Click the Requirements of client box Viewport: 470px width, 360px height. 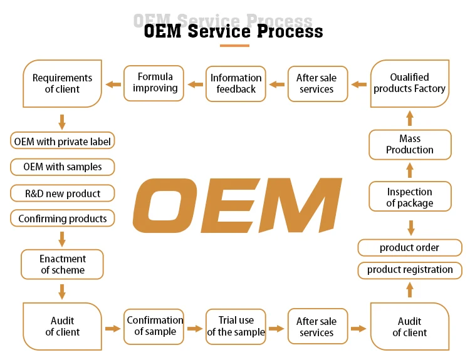tap(62, 83)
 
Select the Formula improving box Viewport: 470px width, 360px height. tap(154, 83)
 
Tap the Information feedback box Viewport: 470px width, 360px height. tap(236, 84)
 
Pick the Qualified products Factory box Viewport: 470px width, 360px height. tap(410, 83)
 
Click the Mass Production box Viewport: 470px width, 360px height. tap(410, 145)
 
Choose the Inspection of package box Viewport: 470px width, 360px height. tap(410, 196)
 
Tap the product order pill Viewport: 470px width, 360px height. tap(410, 248)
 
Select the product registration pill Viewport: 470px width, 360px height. tap(410, 270)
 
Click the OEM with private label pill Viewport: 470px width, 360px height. tap(62, 141)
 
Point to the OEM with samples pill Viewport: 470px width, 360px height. tap(62, 167)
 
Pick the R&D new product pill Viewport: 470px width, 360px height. tap(62, 193)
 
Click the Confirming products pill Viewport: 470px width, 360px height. tap(62, 219)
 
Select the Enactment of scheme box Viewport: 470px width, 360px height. tap(62, 264)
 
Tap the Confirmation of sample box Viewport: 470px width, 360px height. tap(154, 327)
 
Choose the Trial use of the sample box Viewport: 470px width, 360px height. tap(236, 327)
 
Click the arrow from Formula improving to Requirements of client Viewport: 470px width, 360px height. tap(113, 85)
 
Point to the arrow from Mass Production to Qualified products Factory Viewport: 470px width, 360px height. tap(410, 118)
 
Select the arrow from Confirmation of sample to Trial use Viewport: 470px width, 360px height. tap(195, 329)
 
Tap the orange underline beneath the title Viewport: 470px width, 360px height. tap(234, 46)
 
